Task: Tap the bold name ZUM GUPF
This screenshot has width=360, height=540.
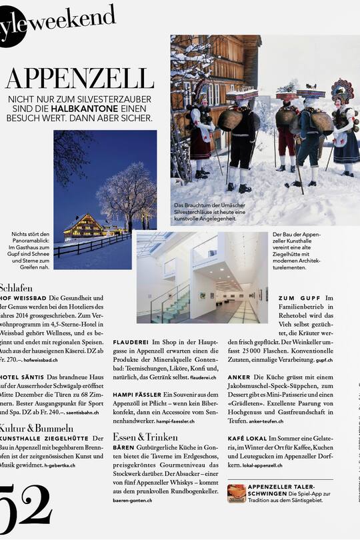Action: pos(300,297)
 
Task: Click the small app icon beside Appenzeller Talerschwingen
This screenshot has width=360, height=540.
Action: pos(236,493)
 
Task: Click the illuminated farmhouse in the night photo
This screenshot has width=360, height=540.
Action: pos(83,227)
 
